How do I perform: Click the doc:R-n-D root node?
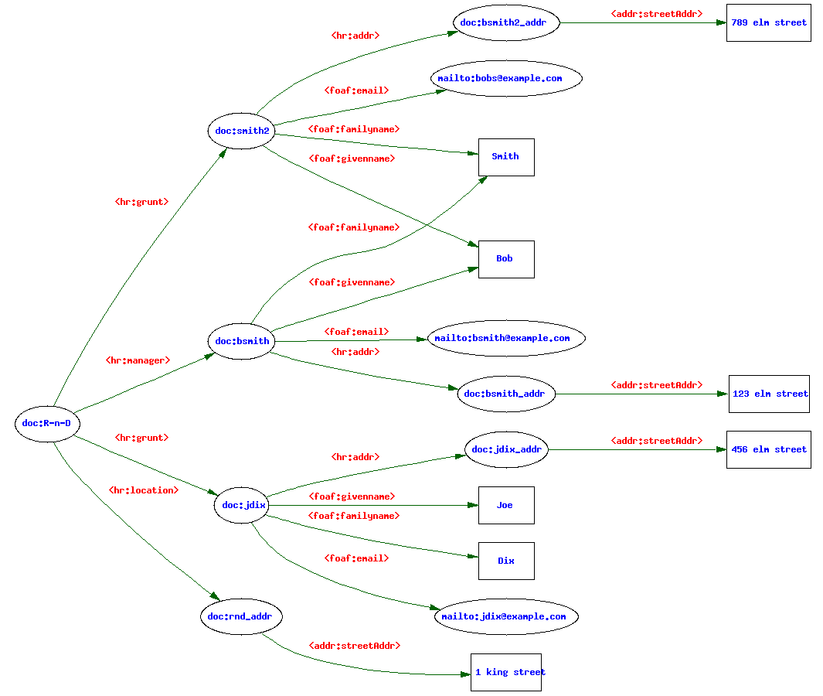(47, 423)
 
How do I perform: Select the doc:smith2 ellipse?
(242, 131)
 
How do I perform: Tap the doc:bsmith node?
(242, 341)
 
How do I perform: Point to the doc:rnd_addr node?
(240, 616)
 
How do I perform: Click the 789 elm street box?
(768, 23)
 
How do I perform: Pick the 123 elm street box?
(770, 394)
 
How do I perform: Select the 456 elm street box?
(768, 449)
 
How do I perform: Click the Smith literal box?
(506, 156)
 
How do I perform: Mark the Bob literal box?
(506, 258)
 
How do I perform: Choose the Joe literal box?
(506, 505)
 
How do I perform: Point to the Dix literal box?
(506, 561)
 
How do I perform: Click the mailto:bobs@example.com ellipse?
(506, 78)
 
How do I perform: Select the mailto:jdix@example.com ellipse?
(506, 616)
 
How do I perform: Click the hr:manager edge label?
(138, 360)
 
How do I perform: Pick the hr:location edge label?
(143, 490)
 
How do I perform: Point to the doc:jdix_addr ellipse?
(506, 449)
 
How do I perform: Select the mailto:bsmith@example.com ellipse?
(506, 338)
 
